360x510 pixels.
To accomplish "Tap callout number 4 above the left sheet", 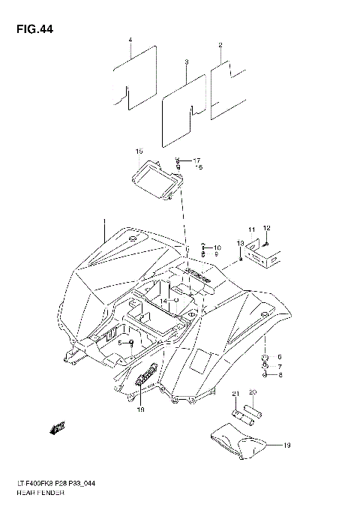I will tap(130, 39).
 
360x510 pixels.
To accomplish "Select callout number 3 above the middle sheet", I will tap(186, 61).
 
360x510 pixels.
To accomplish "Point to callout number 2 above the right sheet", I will tap(220, 46).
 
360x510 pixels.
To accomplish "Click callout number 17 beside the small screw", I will tap(196, 160).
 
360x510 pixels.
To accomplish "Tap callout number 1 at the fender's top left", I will tap(104, 223).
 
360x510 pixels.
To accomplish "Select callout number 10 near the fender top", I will tap(217, 247).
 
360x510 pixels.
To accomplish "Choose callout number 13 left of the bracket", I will tap(240, 244).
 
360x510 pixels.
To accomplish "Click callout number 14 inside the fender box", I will tap(162, 301).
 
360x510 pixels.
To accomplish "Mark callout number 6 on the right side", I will tap(279, 356).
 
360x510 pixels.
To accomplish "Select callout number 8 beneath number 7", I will tap(279, 374).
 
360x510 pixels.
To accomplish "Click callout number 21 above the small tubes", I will tap(234, 394).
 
